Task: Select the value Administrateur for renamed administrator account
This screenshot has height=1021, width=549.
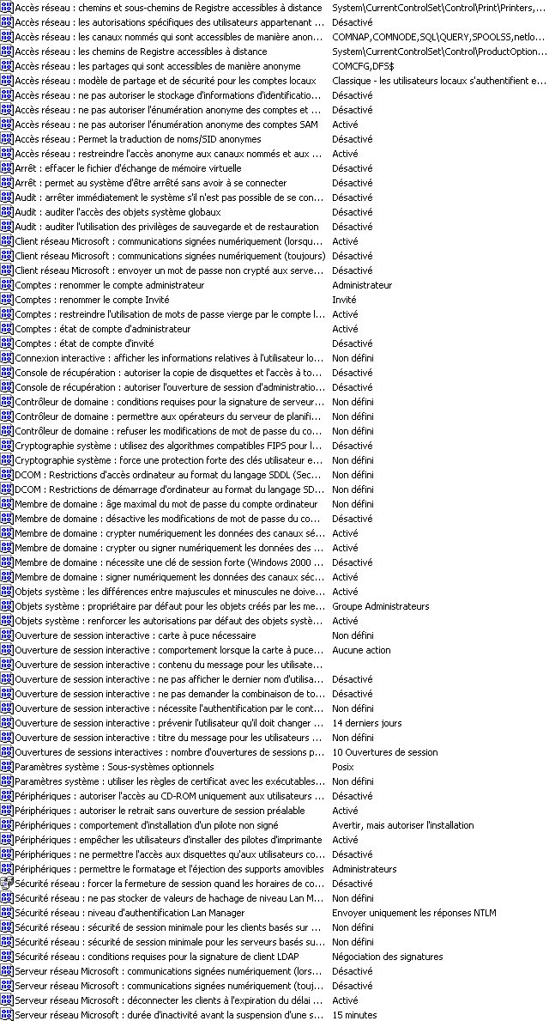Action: (362, 285)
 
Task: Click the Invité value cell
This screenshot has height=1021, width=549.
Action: (344, 300)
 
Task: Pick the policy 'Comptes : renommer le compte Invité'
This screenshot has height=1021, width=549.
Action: (92, 300)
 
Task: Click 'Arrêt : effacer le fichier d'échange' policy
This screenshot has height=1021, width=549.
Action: (128, 168)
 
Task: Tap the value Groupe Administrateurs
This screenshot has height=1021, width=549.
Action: (380, 606)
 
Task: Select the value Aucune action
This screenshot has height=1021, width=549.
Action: (361, 650)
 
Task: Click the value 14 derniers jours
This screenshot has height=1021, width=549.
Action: (366, 723)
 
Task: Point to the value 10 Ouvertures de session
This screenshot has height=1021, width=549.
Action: (384, 752)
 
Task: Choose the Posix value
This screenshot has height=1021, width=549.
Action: (342, 767)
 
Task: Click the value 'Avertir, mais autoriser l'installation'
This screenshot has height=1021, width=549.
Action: (402, 825)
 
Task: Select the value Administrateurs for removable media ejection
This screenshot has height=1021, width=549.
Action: (364, 869)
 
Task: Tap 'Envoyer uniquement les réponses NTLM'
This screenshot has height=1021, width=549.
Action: (413, 913)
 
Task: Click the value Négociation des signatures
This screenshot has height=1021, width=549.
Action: (387, 957)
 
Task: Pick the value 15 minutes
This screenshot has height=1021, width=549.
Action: (354, 1015)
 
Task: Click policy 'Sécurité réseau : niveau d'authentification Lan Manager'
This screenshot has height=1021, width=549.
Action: (130, 913)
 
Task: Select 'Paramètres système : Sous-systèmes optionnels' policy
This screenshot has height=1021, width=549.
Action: (114, 767)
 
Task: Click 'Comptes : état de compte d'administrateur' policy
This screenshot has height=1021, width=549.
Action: (102, 329)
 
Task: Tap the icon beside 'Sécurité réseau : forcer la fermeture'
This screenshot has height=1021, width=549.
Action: (7, 884)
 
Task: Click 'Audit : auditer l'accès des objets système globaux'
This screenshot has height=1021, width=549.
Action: (118, 212)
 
